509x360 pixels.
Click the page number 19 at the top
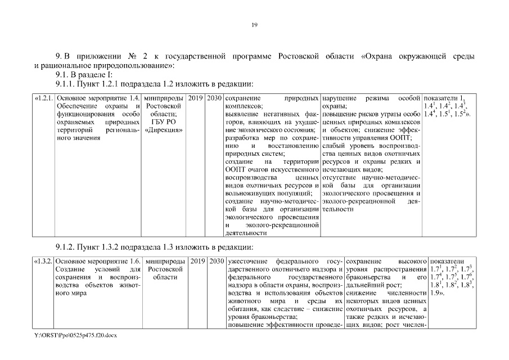(254, 25)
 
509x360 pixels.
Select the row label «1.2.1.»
(44, 98)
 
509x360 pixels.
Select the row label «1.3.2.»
(44, 261)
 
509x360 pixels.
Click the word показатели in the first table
(442, 98)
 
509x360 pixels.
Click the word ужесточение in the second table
(246, 261)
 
